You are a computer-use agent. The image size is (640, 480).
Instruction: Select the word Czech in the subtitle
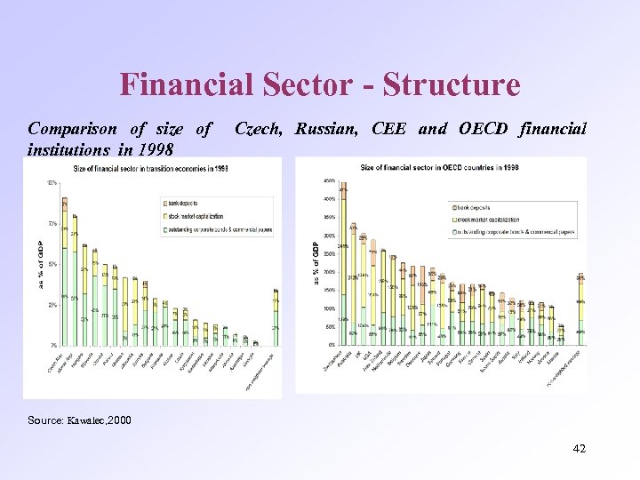pyautogui.click(x=259, y=129)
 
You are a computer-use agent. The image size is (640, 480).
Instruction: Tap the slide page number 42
pyautogui.click(x=579, y=449)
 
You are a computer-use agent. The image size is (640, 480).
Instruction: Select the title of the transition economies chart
pyautogui.click(x=151, y=168)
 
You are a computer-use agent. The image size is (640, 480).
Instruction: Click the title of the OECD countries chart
pyautogui.click(x=440, y=168)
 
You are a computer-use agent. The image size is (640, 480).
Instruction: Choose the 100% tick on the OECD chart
pyautogui.click(x=328, y=308)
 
